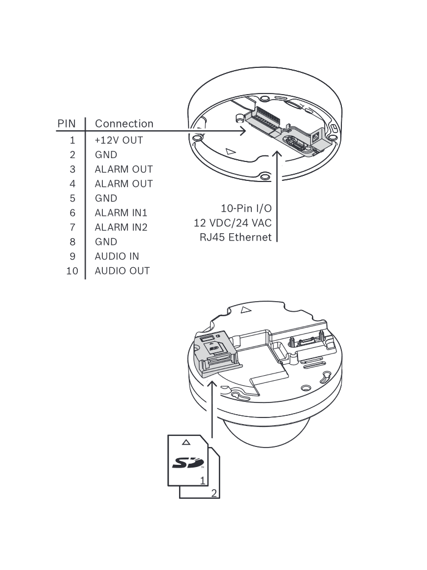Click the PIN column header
[x=66, y=124]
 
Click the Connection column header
[x=124, y=124]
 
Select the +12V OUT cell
[x=118, y=140]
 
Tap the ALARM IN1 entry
[x=121, y=213]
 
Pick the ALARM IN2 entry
[x=121, y=227]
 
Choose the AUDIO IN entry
[x=117, y=256]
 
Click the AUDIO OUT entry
[x=122, y=271]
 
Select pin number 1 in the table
[x=72, y=140]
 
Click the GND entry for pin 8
[x=106, y=242]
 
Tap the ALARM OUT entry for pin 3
[x=123, y=169]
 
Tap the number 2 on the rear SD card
[x=214, y=493]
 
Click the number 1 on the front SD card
[x=203, y=480]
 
